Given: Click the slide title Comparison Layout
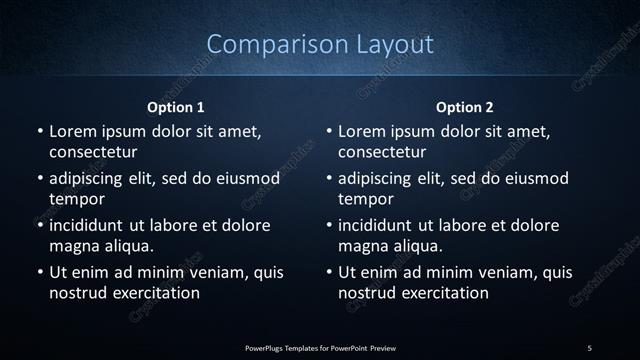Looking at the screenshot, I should (x=320, y=44).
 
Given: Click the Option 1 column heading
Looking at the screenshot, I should (x=176, y=107).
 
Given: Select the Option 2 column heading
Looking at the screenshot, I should (x=465, y=107).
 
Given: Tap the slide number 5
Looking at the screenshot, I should (x=589, y=347).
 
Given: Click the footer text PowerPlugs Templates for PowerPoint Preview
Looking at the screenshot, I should (x=320, y=347).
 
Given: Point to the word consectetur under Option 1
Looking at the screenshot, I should (x=93, y=152).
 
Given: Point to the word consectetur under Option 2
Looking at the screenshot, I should (x=382, y=152).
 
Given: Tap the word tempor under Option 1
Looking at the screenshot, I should (x=76, y=199).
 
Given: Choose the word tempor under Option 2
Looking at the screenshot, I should (x=365, y=199).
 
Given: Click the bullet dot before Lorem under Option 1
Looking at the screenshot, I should (x=39, y=132).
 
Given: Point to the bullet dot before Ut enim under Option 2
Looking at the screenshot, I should (x=328, y=272).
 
